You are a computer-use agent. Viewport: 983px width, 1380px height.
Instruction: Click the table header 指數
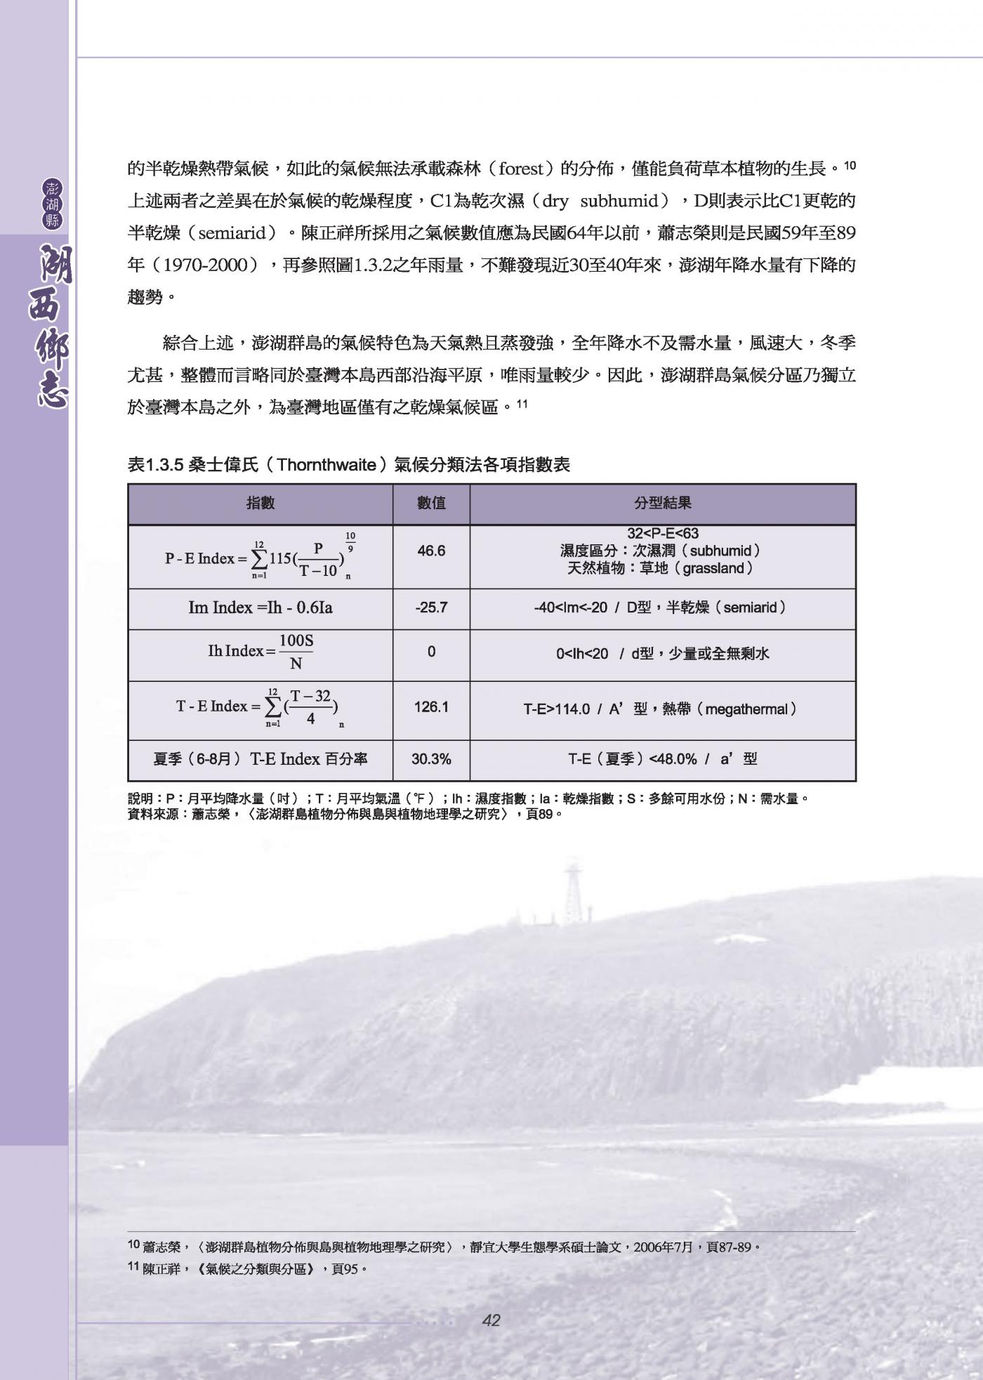(260, 504)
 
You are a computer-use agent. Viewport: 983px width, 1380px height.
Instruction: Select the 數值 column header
(431, 504)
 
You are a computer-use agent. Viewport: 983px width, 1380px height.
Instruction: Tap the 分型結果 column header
(662, 504)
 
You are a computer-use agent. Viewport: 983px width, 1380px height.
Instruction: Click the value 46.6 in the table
(431, 551)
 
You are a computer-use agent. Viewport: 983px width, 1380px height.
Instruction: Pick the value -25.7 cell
(431, 608)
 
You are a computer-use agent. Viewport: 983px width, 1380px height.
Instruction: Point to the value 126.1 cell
(431, 707)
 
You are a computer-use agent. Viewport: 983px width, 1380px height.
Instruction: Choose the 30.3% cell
(431, 759)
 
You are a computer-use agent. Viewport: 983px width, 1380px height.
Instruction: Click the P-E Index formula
(260, 557)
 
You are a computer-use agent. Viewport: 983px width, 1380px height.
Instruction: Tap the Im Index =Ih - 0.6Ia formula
(260, 608)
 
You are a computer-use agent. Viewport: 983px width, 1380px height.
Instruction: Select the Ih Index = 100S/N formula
(260, 652)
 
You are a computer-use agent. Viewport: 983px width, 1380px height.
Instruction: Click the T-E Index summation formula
(260, 707)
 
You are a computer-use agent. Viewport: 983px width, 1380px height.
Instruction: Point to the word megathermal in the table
(746, 709)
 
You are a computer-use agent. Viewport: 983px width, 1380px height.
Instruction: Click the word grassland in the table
(712, 568)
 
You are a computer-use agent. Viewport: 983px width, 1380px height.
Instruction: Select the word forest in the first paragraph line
(520, 169)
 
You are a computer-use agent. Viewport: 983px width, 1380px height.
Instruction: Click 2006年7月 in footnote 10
(662, 1247)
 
